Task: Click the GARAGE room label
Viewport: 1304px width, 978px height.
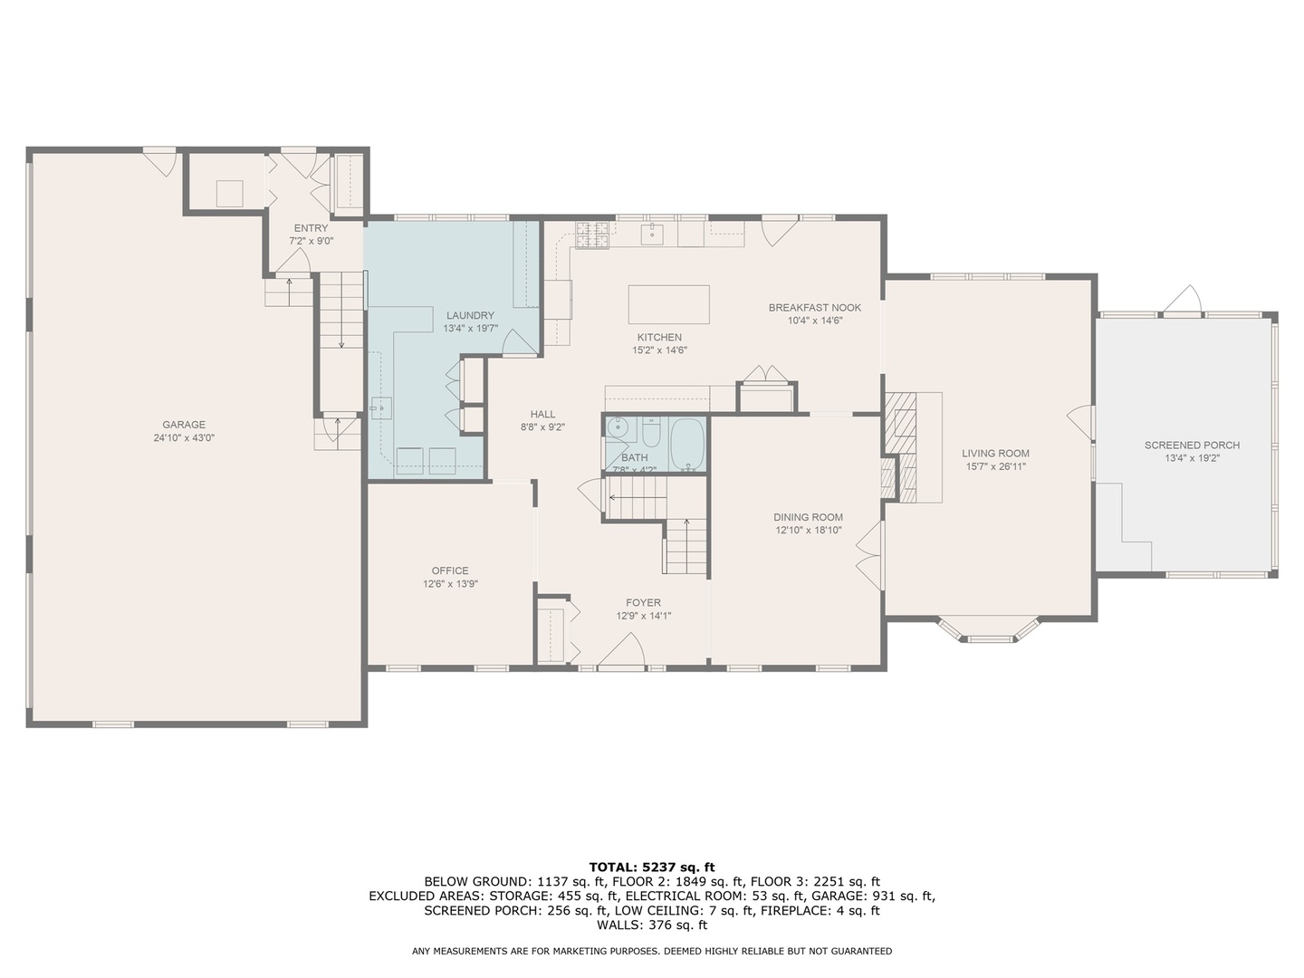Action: tap(184, 425)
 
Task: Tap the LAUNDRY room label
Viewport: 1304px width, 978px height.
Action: tap(470, 315)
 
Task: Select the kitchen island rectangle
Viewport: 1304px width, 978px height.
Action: tap(669, 304)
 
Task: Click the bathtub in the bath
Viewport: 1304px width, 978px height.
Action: tap(688, 444)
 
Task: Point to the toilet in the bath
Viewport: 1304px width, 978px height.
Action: tap(651, 432)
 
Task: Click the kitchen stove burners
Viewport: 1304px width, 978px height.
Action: tap(591, 234)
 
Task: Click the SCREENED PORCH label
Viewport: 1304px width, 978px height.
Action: tap(1192, 445)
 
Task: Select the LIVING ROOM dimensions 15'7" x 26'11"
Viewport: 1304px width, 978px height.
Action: tap(996, 466)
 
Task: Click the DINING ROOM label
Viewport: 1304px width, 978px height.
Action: tap(808, 517)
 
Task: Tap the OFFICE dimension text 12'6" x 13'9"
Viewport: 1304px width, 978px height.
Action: tap(450, 584)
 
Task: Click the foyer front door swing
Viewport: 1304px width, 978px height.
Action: tap(621, 649)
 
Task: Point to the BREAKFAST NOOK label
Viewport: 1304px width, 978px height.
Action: tap(814, 308)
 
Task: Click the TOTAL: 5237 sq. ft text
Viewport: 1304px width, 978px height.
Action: tap(652, 868)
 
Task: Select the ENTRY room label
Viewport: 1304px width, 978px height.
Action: tap(311, 228)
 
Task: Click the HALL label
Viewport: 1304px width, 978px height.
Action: tap(542, 414)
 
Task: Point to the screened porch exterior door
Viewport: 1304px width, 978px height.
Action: tap(1183, 299)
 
